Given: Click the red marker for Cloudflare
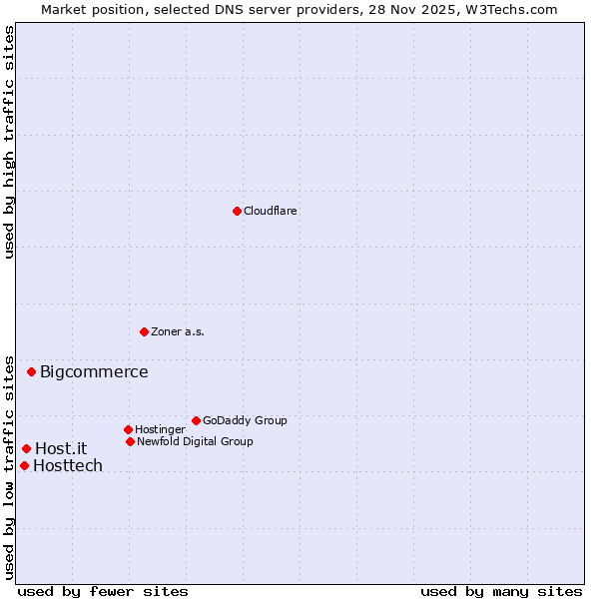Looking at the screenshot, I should tap(237, 211).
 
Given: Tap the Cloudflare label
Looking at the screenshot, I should tap(271, 212).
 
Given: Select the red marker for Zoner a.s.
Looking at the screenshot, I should tap(145, 331).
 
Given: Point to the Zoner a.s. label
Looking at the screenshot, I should tap(178, 332).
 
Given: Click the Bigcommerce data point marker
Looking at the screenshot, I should tap(31, 372).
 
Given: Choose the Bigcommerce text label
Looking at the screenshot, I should tap(94, 372).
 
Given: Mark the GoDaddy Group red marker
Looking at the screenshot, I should tap(196, 420).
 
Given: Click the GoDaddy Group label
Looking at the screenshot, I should tap(245, 421).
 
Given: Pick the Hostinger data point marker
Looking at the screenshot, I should tap(128, 429).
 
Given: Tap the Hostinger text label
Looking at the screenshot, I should tap(160, 430).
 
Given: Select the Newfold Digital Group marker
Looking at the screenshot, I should tap(130, 441).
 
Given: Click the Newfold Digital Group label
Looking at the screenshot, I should tap(195, 442).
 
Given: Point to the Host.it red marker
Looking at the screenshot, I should tap(26, 448).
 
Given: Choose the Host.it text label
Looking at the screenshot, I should tap(61, 449).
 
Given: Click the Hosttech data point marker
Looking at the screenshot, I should tap(24, 465).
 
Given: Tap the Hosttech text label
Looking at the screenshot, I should tap(68, 466).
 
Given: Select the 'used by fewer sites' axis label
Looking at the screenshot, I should tap(103, 591).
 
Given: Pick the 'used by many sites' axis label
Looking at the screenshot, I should tap(501, 591).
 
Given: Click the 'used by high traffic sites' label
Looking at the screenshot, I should tap(9, 142).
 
